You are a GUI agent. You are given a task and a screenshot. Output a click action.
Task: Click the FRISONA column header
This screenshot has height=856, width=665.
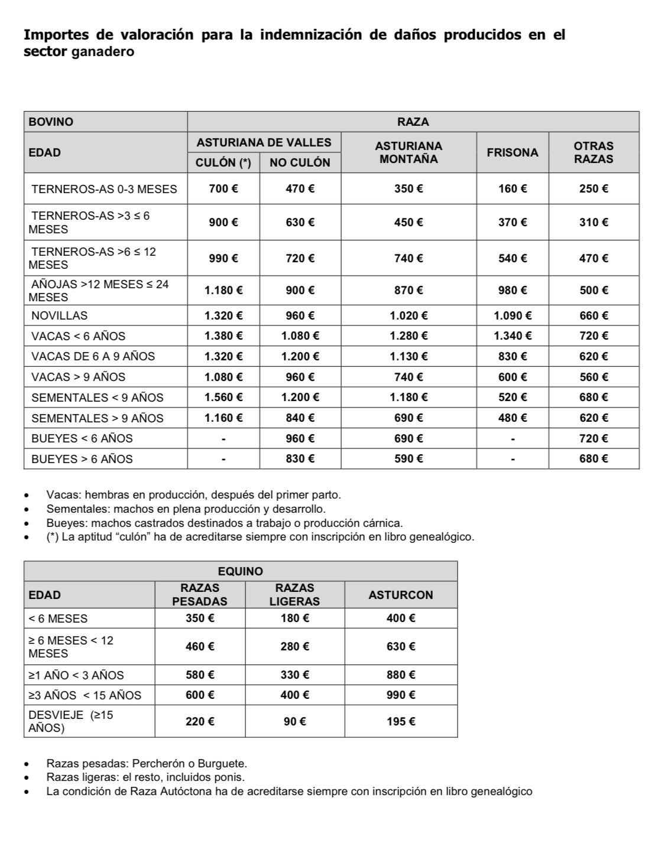(x=512, y=152)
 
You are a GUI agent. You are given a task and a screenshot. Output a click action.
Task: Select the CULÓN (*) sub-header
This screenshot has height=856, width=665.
(x=223, y=163)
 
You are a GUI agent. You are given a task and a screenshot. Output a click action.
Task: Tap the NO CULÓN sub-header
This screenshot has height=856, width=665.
(x=300, y=163)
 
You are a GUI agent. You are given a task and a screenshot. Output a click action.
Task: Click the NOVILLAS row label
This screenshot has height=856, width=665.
(x=59, y=315)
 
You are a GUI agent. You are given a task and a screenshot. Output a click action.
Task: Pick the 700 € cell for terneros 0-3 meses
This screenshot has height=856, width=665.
(x=223, y=189)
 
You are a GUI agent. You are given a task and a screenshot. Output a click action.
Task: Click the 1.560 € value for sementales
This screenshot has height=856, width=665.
(x=223, y=398)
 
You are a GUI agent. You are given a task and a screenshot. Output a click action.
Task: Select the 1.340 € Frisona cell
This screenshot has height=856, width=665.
(x=512, y=336)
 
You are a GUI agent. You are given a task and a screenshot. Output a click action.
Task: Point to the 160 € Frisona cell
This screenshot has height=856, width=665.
(x=512, y=189)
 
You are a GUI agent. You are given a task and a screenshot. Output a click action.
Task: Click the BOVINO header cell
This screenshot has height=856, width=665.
(x=51, y=122)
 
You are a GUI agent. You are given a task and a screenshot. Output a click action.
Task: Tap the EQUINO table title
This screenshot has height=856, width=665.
(x=241, y=571)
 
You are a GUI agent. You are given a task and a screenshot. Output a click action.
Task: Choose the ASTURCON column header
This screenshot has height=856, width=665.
(x=401, y=595)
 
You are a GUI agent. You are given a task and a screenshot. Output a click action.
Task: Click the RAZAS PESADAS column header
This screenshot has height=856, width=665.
(x=200, y=595)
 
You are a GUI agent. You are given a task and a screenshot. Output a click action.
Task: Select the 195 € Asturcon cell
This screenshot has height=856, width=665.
(x=401, y=721)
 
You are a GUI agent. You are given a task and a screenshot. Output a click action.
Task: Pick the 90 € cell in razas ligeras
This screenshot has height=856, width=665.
(x=294, y=721)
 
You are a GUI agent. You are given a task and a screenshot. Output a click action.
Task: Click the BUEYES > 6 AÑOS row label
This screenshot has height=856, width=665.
(x=82, y=459)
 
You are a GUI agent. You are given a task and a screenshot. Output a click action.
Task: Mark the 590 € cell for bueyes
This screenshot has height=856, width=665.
(x=408, y=459)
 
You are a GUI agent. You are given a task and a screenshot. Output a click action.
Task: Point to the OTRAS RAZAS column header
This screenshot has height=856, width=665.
(x=593, y=152)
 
